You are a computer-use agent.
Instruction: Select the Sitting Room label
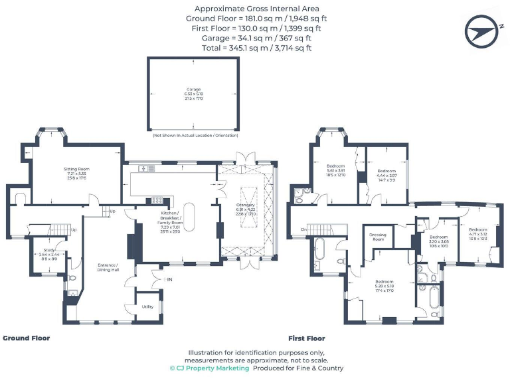pos(76,174)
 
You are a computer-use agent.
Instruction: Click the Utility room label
pos(148,307)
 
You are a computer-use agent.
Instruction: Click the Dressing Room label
pos(378,237)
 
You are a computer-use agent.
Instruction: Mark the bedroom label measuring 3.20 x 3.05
pos(438,241)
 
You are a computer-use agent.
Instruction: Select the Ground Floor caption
pos(27,338)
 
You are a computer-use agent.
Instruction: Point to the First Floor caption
pos(307,338)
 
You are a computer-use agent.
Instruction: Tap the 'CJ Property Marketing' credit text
pos(209,368)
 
